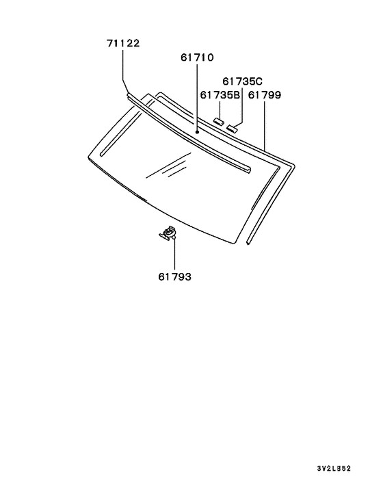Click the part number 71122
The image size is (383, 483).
pos(123,43)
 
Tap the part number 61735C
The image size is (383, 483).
pos(242,81)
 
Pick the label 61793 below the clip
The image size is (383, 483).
pos(174,277)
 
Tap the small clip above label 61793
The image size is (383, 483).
pos(168,234)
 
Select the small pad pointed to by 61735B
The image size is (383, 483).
pos(220,121)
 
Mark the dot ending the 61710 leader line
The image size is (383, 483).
pos(197,131)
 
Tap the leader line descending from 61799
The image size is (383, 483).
pos(264,123)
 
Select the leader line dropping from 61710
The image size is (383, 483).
pos(197,96)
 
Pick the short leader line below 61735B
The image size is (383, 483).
pos(220,109)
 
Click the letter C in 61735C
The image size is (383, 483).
pos(259,81)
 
